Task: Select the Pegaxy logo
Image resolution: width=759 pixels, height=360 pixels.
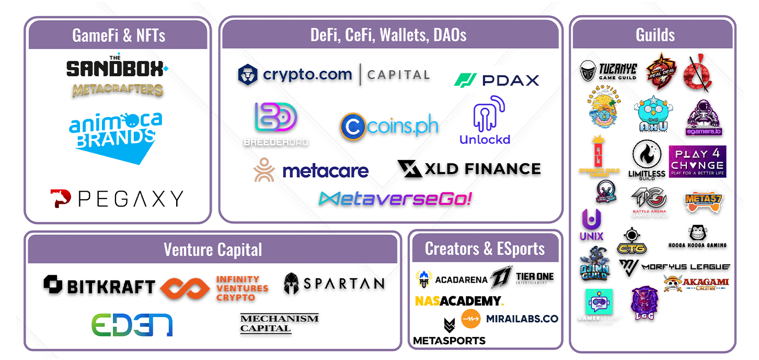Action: click(x=117, y=199)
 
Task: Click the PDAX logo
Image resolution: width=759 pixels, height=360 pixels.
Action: click(x=496, y=80)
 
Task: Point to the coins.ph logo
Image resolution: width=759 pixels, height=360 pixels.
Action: click(x=389, y=126)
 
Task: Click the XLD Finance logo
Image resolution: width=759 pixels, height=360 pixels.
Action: click(x=469, y=169)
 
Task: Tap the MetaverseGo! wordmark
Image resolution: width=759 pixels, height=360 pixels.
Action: click(x=395, y=199)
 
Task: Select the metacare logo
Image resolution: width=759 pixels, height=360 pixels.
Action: click(x=311, y=170)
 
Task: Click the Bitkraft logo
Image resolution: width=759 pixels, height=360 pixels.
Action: click(x=99, y=285)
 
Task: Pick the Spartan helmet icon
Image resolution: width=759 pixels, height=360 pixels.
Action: click(x=291, y=284)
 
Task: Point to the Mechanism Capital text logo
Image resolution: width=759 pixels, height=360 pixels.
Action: click(x=279, y=323)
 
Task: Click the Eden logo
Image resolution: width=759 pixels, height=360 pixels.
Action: click(x=132, y=324)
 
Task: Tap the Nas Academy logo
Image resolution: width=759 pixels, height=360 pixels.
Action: click(x=459, y=301)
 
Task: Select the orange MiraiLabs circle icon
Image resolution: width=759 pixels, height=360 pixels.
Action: click(x=470, y=319)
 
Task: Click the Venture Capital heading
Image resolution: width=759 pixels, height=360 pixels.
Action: click(x=212, y=249)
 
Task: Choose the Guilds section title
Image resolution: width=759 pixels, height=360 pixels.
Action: click(x=654, y=35)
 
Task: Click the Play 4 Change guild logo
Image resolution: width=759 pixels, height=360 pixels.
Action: click(x=697, y=161)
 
